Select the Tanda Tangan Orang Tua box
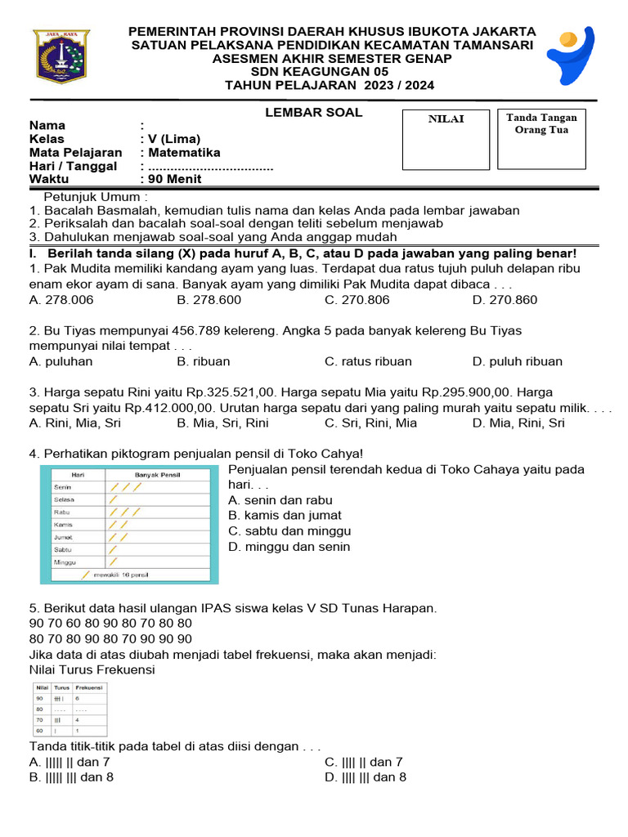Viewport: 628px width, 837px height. pyautogui.click(x=541, y=140)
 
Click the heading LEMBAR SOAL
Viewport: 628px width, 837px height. pyautogui.click(x=313, y=113)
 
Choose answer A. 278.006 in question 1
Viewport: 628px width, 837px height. pyautogui.click(x=61, y=300)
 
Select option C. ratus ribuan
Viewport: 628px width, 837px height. pyautogui.click(x=367, y=361)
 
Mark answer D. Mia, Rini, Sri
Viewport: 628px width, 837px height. pyautogui.click(x=518, y=423)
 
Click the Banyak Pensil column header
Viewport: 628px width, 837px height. pyautogui.click(x=158, y=475)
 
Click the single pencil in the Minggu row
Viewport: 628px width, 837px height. pyautogui.click(x=113, y=562)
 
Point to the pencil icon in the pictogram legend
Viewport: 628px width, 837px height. pyautogui.click(x=108, y=575)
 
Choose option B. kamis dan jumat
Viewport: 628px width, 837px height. pyautogui.click(x=285, y=516)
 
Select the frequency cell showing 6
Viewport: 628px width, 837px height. pyautogui.click(x=78, y=699)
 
